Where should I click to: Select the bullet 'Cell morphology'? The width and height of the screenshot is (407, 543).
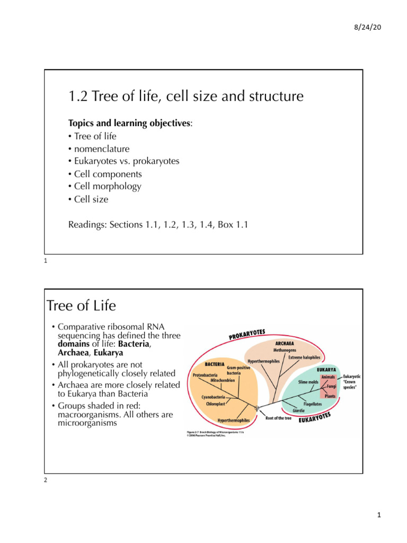click(104, 187)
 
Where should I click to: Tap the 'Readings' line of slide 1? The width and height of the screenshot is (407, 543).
click(158, 224)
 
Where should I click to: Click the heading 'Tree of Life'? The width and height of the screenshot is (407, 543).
click(81, 306)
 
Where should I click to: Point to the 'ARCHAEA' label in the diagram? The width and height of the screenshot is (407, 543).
click(285, 343)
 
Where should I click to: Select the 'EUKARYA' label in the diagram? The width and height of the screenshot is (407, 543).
click(328, 370)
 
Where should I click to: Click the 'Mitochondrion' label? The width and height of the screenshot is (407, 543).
click(223, 380)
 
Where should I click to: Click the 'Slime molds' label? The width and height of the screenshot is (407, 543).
click(308, 381)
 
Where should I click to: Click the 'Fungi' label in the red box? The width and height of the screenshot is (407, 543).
click(331, 387)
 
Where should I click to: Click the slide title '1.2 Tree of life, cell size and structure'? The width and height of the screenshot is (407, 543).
click(186, 96)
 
